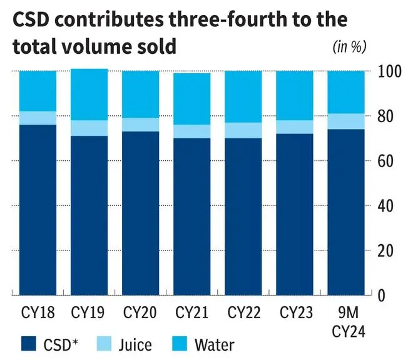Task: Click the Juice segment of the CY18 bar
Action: pyautogui.click(x=38, y=118)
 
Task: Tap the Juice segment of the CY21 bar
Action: pyautogui.click(x=191, y=131)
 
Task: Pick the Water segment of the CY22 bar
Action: pyautogui.click(x=243, y=96)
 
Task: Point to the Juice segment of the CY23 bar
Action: pyautogui.click(x=295, y=126)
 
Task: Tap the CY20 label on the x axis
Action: pyautogui.click(x=140, y=311)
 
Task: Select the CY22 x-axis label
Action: pyautogui.click(x=243, y=311)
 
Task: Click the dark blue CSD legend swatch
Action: pyautogui.click(x=31, y=344)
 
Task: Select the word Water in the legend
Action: pyautogui.click(x=215, y=344)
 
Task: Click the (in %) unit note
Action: pyautogui.click(x=348, y=46)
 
